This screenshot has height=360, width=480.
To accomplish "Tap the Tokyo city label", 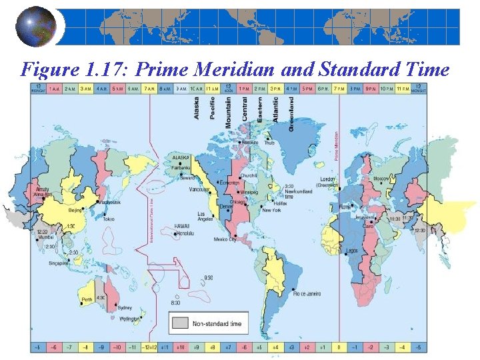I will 109,219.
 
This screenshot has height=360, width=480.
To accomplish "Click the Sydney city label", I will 125,307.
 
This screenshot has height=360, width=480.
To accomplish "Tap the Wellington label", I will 129,319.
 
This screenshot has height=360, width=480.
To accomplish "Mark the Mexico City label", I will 225,239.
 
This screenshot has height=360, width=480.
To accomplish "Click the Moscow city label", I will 381,179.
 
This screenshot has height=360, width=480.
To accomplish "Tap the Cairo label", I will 368,225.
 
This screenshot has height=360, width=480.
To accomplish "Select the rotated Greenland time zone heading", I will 291,114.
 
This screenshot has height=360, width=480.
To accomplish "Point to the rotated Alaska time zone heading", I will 197,108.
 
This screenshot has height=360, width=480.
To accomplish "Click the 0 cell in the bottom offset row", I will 339,347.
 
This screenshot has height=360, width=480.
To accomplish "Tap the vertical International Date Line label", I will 151,213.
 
